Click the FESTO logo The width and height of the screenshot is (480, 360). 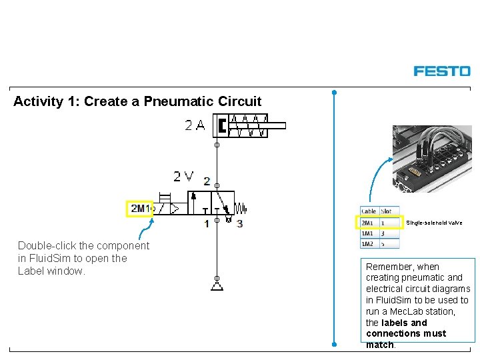[441, 71]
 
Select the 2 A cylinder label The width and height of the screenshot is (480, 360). [195, 125]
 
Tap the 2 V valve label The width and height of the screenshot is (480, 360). [183, 177]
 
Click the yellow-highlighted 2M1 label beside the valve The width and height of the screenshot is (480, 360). [140, 209]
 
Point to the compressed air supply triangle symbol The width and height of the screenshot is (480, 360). [217, 286]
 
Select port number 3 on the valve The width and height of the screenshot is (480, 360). [239, 224]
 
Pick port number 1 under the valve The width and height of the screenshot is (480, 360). [207, 224]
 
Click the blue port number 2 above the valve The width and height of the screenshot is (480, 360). [207, 181]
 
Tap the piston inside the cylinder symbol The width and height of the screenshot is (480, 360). [222, 125]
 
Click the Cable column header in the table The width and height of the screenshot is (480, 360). [369, 211]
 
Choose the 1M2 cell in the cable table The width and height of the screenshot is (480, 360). [367, 244]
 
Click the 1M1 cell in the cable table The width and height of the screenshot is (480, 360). [367, 233]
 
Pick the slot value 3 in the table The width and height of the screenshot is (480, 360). [383, 233]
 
